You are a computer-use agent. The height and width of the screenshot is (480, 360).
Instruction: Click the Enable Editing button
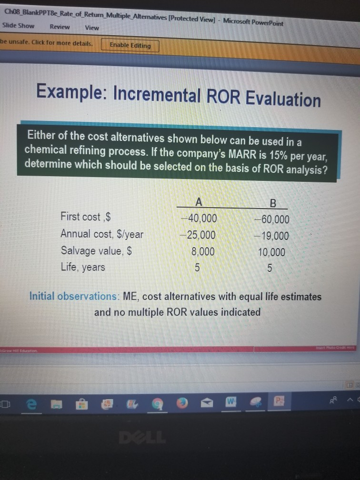tap(130, 46)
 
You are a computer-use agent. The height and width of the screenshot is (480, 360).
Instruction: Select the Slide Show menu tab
tap(18, 26)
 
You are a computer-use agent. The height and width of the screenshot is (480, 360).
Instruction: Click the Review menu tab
tap(60, 27)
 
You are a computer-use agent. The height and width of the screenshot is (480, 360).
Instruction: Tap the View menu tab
tap(92, 28)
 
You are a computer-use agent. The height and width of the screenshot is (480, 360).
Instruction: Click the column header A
tap(199, 202)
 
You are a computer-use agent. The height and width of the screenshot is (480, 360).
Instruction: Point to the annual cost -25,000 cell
tap(198, 235)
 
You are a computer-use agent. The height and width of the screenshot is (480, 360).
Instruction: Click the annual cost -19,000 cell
tap(271, 236)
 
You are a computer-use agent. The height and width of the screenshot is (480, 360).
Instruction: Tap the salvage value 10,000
tap(271, 252)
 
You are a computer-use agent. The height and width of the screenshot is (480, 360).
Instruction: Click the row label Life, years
tap(83, 267)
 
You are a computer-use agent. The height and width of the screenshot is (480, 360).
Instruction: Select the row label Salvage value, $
tap(96, 250)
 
